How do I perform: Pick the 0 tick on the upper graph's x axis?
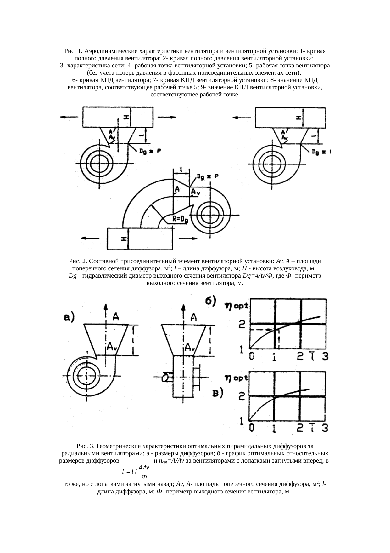252,356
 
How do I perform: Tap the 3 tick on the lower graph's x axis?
325,428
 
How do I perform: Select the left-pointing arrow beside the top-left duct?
68,117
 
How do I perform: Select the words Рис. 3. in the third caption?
86,446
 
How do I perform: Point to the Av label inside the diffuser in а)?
112,346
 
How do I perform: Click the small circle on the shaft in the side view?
165,377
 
